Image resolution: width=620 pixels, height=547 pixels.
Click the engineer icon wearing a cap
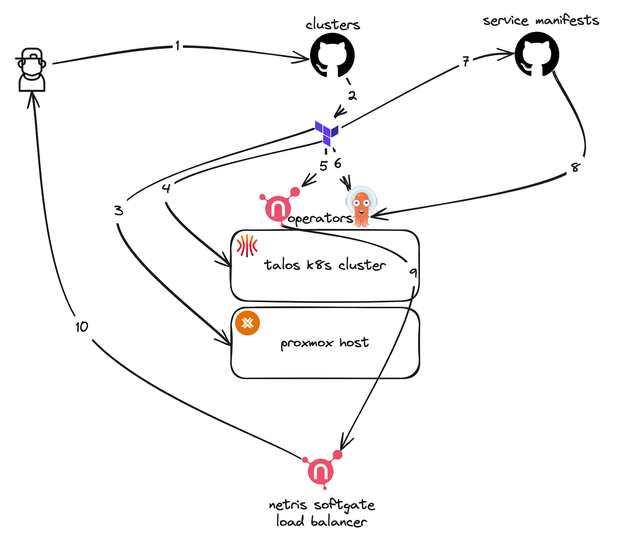[31, 69]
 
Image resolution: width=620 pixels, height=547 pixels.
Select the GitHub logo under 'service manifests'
[537, 54]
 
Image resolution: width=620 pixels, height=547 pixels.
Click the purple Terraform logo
[326, 133]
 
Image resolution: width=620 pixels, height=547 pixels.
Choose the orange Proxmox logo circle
[247, 323]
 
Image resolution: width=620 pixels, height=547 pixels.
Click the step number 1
[178, 46]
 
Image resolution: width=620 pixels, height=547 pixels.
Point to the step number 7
[466, 62]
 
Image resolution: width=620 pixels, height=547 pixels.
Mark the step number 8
[575, 167]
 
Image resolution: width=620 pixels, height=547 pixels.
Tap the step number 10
[82, 327]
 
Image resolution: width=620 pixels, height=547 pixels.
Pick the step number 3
[119, 211]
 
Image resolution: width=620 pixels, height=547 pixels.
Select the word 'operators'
[321, 219]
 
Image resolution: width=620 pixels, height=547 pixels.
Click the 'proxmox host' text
[325, 343]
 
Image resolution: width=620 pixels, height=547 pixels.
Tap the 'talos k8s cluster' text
[325, 265]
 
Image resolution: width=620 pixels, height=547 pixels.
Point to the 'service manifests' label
[541, 21]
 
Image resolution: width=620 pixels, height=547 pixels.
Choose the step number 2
[352, 96]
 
